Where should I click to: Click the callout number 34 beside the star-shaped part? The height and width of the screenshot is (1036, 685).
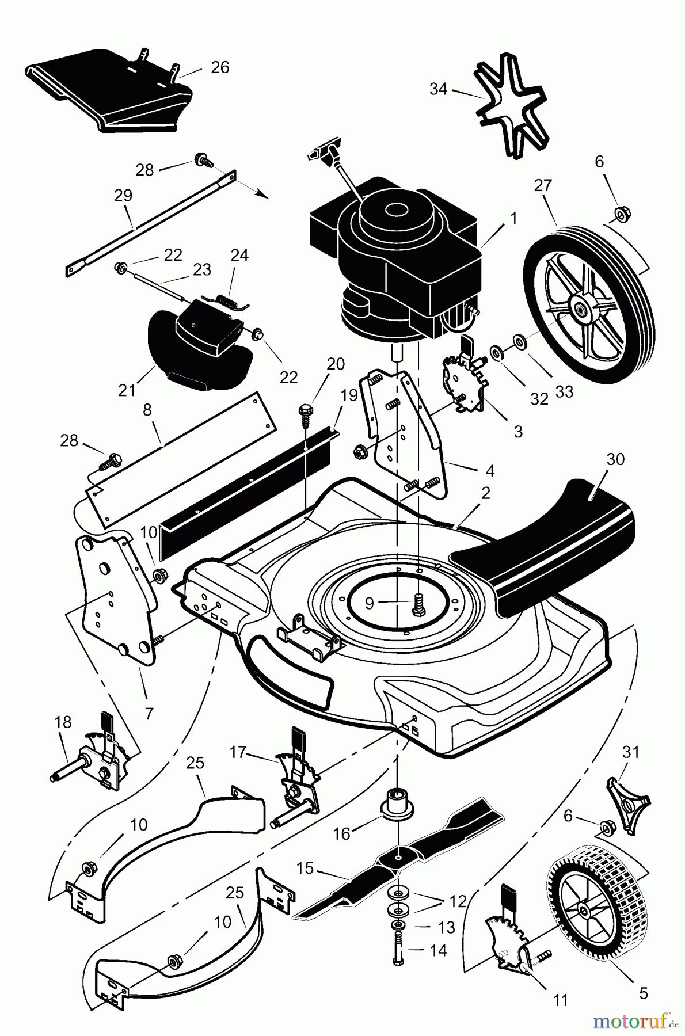point(438,89)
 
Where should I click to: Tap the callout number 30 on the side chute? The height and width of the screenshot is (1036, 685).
point(615,460)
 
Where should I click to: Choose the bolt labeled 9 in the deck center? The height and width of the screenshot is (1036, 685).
point(418,603)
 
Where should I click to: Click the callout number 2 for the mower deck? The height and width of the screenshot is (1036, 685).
point(485,493)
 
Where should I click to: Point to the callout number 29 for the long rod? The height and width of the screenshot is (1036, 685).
point(123,195)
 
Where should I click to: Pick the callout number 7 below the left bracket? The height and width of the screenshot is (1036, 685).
point(149,713)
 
